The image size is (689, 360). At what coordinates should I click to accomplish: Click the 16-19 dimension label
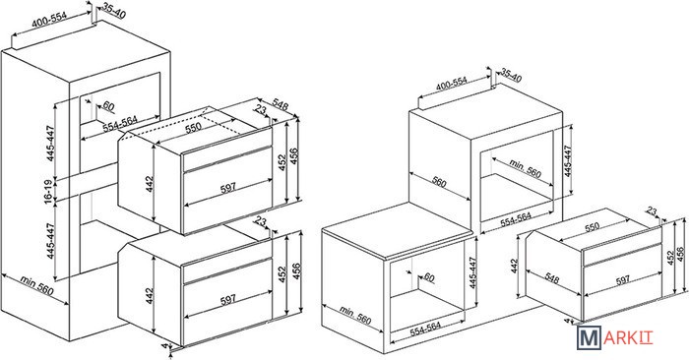50,190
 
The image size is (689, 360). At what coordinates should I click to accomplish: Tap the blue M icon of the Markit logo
589,338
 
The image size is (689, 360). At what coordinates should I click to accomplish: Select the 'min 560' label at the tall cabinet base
37,286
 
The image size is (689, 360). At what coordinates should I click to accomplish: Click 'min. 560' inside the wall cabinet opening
526,168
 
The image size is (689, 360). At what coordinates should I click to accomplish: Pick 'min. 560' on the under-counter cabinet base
355,315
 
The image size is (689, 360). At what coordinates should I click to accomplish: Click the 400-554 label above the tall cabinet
49,21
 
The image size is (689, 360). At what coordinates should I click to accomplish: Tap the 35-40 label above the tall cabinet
114,11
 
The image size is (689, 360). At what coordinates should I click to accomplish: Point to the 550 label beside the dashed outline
193,127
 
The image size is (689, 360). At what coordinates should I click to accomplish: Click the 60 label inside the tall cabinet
108,106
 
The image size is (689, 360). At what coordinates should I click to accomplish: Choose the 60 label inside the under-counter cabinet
429,278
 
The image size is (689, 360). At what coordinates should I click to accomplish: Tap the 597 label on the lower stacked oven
228,300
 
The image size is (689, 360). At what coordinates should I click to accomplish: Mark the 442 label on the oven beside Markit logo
515,266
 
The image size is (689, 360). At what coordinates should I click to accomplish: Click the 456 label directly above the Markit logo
680,255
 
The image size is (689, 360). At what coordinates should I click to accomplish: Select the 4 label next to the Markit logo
566,322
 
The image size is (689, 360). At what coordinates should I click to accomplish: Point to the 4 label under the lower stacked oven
164,346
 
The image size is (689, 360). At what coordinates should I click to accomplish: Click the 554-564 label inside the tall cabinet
120,124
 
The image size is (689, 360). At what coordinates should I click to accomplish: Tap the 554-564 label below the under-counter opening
425,330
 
